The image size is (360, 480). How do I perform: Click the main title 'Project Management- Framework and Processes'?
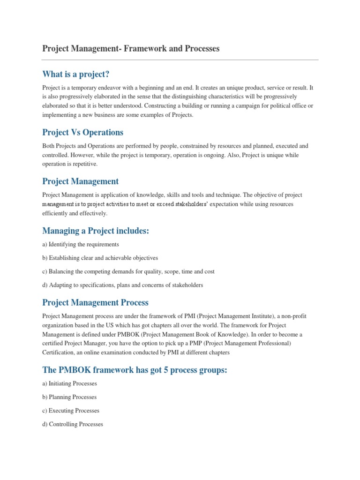click(131, 49)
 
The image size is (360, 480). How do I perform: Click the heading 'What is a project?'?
click(78, 74)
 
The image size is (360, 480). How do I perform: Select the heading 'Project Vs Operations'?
click(83, 132)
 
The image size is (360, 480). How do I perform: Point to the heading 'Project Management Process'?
click(95, 302)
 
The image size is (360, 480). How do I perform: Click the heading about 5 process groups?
click(135, 370)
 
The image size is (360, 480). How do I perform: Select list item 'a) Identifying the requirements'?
click(81, 244)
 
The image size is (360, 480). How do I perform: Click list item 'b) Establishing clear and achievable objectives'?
click(100, 258)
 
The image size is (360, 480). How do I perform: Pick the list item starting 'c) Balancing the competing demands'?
click(128, 271)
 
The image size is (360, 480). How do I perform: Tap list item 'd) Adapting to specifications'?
click(122, 285)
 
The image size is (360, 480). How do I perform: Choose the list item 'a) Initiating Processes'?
click(69, 383)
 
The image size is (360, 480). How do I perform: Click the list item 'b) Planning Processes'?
click(69, 397)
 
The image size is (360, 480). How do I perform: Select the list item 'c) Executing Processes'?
click(71, 411)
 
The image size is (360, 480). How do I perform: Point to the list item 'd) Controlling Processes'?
click(73, 424)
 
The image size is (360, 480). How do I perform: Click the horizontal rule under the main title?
click(180, 60)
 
